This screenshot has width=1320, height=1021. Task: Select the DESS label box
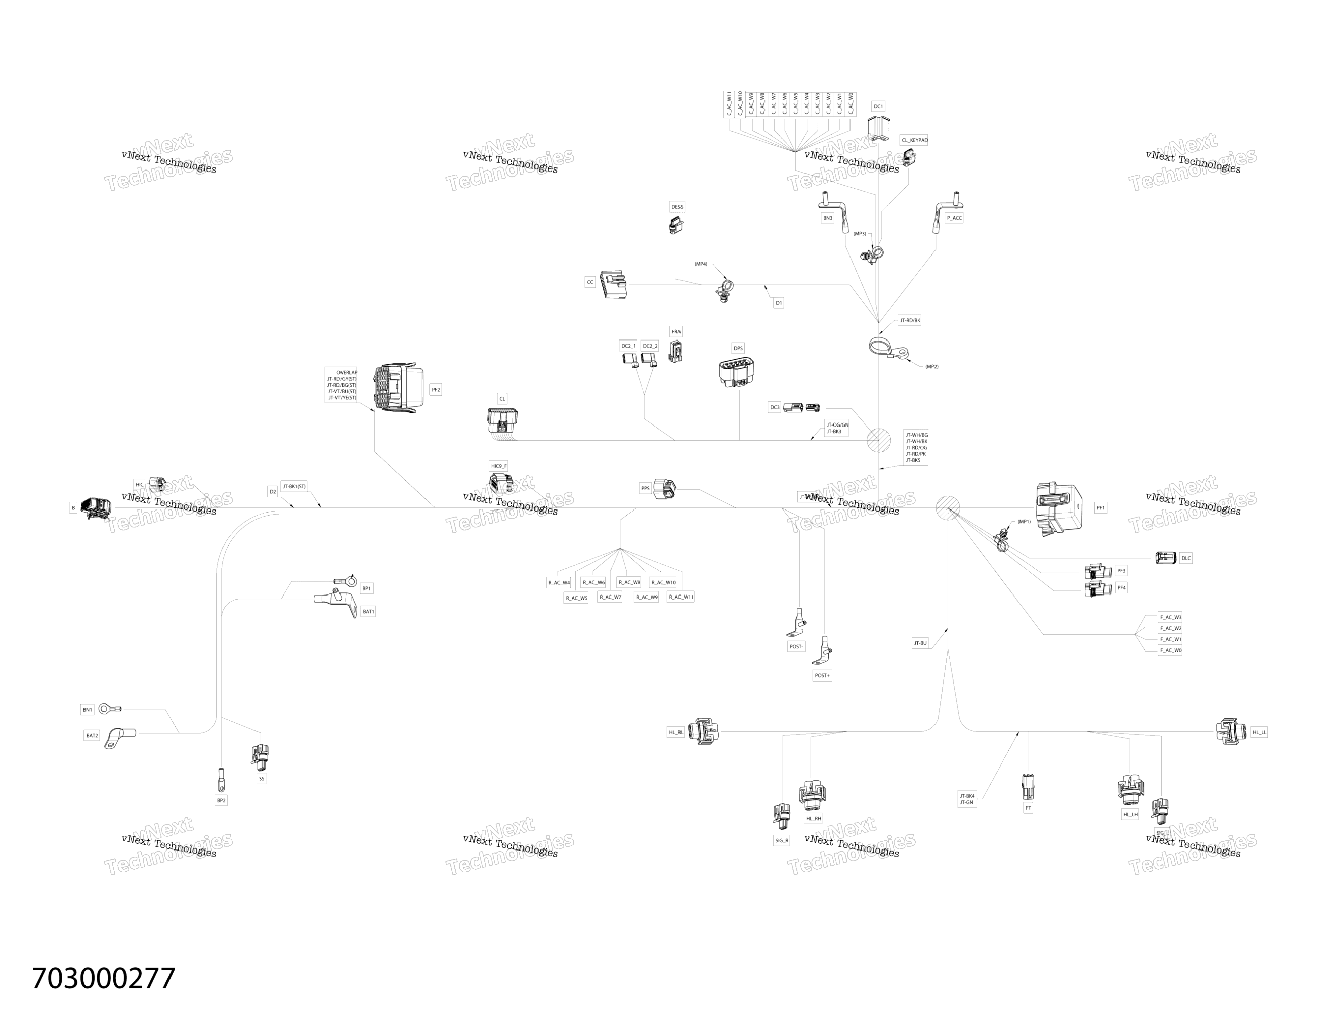click(677, 207)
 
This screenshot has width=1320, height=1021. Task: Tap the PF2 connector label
click(435, 390)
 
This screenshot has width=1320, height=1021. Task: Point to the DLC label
click(1185, 558)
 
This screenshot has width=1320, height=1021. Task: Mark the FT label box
click(1028, 807)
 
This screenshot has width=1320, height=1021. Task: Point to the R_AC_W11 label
click(680, 597)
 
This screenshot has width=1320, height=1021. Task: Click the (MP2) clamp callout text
click(932, 367)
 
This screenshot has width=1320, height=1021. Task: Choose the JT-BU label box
click(920, 643)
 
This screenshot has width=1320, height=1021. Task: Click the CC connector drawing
click(614, 284)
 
